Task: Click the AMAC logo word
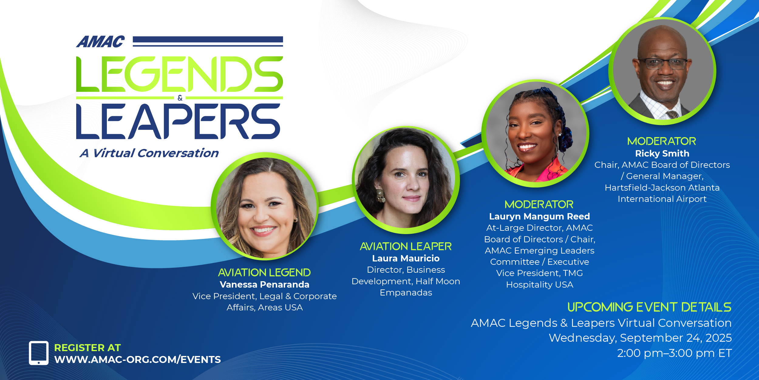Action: [100, 42]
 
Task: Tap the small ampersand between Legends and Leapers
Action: [180, 98]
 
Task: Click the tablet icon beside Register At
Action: [39, 353]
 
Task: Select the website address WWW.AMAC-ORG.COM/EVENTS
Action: [138, 360]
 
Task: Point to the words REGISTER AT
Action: [87, 348]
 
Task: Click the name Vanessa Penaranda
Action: [264, 285]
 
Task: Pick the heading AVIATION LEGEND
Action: [264, 272]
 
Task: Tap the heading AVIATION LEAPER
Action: [406, 246]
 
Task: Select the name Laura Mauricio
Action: [406, 258]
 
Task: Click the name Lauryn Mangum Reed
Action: [539, 216]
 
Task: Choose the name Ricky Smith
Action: [662, 154]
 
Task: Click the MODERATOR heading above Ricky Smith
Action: [662, 141]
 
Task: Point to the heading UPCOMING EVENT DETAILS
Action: [649, 307]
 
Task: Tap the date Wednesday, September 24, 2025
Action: [640, 338]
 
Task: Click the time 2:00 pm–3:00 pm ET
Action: [674, 353]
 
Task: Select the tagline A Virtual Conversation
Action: [149, 153]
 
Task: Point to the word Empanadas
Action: [406, 292]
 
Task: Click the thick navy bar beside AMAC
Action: [208, 40]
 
